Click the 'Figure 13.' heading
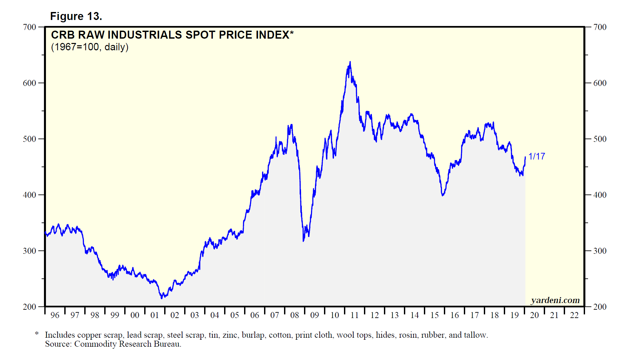coord(76,16)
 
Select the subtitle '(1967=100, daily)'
coord(90,47)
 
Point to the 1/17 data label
coord(536,156)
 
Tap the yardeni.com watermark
coord(555,300)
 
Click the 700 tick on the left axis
coord(29,27)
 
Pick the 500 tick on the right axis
coord(600,139)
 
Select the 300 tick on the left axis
coord(29,251)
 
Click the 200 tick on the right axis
coord(600,307)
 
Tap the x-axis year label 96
coord(55,315)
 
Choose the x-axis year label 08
coord(295,315)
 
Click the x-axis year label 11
coord(355,315)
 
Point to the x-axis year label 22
coord(574,315)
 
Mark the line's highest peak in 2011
coord(350,62)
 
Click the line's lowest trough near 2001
coord(162,298)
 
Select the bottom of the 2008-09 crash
coord(303,241)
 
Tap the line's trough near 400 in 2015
coord(443,195)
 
